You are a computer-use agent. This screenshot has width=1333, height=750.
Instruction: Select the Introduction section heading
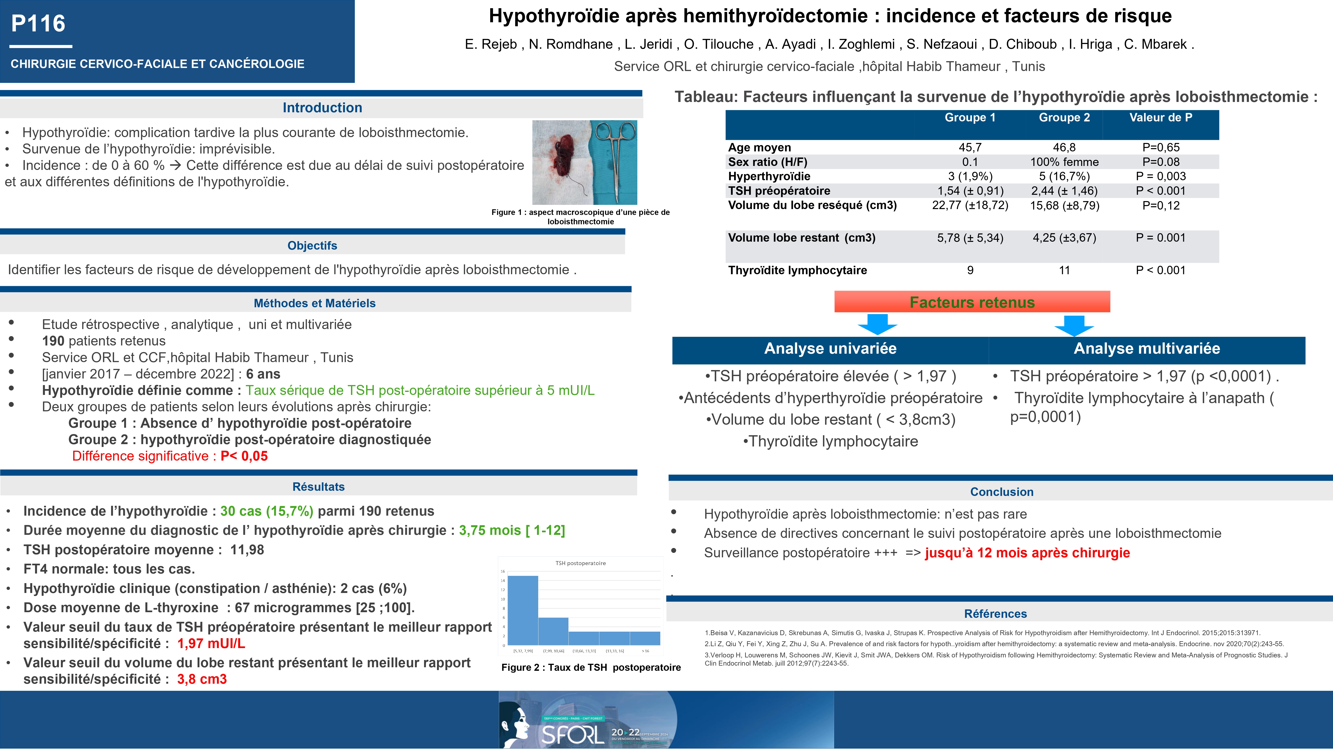click(322, 108)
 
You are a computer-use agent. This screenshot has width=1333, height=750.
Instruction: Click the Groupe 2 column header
click(1064, 117)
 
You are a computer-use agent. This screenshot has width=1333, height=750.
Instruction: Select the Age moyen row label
click(759, 147)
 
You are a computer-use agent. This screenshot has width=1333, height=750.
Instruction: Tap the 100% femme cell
click(1064, 162)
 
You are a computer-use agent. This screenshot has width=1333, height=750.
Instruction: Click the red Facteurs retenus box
click(972, 302)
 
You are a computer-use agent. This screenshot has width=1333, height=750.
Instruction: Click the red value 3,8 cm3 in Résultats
click(202, 679)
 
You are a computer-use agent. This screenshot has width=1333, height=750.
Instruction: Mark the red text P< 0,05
click(244, 456)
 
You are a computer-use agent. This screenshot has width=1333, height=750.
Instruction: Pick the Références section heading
click(995, 614)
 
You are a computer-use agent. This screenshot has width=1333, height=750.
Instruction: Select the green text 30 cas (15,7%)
click(266, 511)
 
